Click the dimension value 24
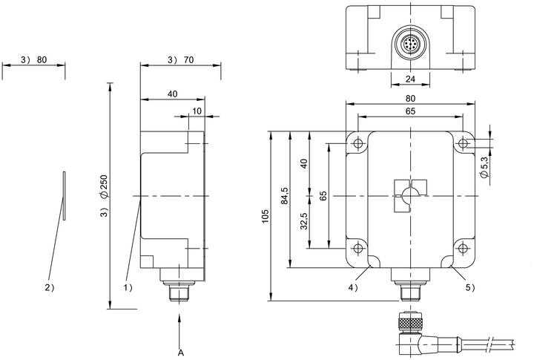coord(410,79)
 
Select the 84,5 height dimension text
coord(284,196)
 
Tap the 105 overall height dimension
coord(266,217)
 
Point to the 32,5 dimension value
coord(304,221)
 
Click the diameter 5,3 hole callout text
coord(484,167)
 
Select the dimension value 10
coord(197,111)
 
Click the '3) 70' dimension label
coord(180,60)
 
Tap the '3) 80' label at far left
coord(33,60)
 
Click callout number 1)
coord(128,288)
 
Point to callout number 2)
coord(50,288)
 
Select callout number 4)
coord(353,288)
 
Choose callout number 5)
coord(470,288)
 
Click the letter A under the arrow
coord(181,353)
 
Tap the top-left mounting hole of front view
coord(357,143)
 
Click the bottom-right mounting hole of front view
coord(463,248)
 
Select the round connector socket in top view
coord(410,45)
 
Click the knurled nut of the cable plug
coord(410,323)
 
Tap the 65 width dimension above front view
coord(410,111)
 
